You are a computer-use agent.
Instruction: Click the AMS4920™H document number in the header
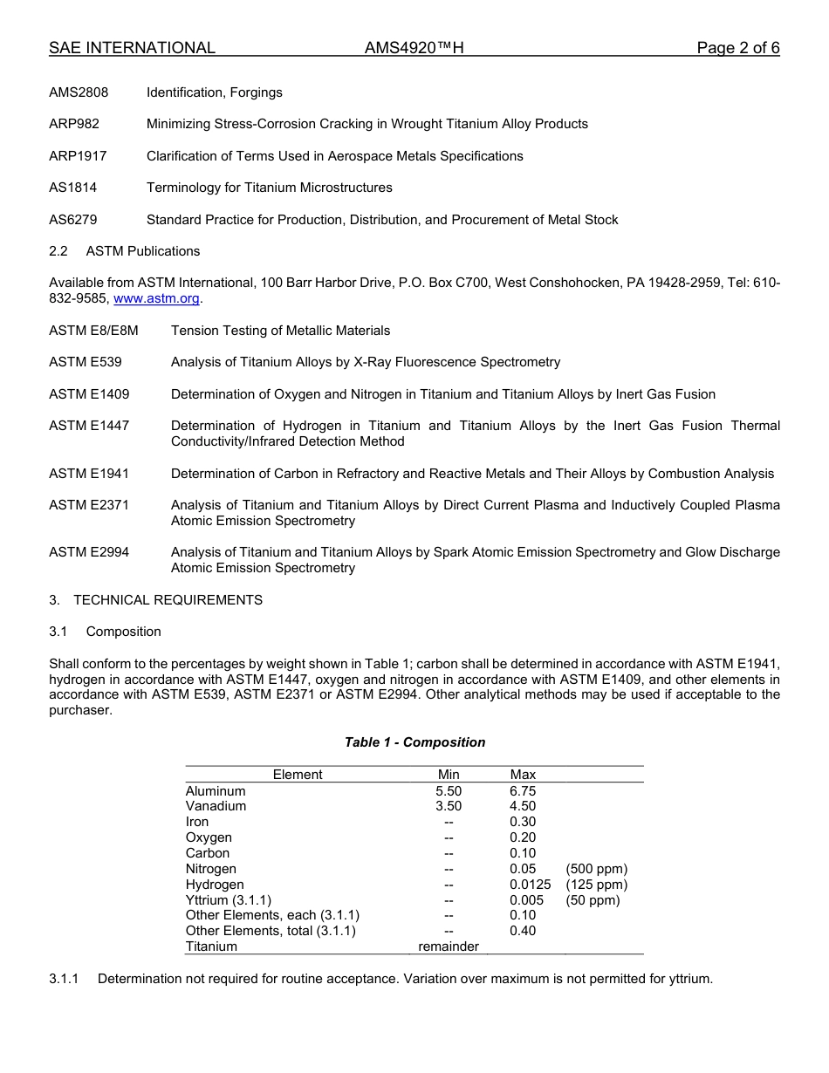(x=414, y=48)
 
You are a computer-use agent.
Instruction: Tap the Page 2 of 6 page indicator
(x=737, y=48)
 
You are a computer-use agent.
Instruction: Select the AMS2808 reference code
(x=79, y=92)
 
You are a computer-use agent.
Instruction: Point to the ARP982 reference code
(x=74, y=124)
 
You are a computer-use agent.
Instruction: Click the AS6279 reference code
(x=73, y=220)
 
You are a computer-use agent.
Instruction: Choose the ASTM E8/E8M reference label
(x=93, y=331)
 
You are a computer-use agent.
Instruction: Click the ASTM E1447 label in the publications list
(x=89, y=426)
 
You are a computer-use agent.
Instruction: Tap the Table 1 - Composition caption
(x=414, y=742)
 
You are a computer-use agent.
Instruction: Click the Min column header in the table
(x=449, y=775)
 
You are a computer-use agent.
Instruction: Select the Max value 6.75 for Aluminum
(x=523, y=791)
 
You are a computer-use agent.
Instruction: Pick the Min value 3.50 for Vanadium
(x=449, y=806)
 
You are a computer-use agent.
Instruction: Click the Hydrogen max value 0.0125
(x=530, y=885)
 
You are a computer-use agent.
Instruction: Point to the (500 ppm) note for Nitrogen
(x=596, y=869)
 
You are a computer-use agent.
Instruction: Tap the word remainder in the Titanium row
(x=449, y=947)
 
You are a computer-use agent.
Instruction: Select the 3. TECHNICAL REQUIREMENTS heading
(x=155, y=600)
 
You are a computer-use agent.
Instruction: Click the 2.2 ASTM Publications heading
(x=125, y=251)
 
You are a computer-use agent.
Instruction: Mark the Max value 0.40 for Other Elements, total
(x=523, y=931)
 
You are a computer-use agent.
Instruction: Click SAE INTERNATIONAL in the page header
(x=132, y=48)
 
